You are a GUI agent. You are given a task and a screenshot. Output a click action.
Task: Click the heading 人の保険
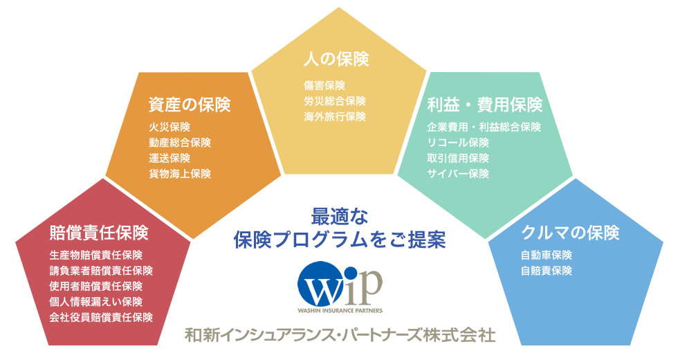tap(336, 60)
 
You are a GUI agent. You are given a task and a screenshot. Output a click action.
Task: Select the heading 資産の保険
tap(190, 105)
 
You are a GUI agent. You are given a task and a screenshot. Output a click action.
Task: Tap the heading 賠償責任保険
tap(99, 233)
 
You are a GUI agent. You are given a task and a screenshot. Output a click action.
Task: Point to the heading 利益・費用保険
tap(485, 105)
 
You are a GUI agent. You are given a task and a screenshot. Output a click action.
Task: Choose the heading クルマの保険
tap(570, 233)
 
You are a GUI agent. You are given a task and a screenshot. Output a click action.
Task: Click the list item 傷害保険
tap(324, 85)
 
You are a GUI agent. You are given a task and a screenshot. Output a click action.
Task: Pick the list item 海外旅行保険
tap(335, 116)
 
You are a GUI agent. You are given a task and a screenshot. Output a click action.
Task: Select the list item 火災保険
tap(169, 127)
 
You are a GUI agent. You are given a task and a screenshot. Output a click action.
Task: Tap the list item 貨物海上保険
tap(180, 174)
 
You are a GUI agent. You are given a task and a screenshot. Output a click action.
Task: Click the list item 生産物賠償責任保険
tap(96, 255)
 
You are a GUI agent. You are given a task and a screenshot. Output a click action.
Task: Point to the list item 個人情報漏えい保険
tap(96, 302)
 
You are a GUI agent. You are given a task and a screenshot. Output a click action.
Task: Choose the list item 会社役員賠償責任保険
tap(101, 317)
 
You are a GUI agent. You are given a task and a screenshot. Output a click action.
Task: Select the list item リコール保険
tap(458, 143)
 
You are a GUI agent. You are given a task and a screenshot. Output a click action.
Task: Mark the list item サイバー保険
tap(458, 174)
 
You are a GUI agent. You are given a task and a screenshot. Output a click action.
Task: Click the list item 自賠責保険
tap(547, 271)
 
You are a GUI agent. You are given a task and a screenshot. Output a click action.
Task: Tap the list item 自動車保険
tap(547, 255)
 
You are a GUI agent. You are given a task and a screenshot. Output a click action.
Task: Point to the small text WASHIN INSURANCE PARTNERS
tap(340, 310)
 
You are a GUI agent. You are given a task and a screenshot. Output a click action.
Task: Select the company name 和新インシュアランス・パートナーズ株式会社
tap(340, 335)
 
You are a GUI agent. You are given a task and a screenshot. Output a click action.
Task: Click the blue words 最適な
tap(340, 216)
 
